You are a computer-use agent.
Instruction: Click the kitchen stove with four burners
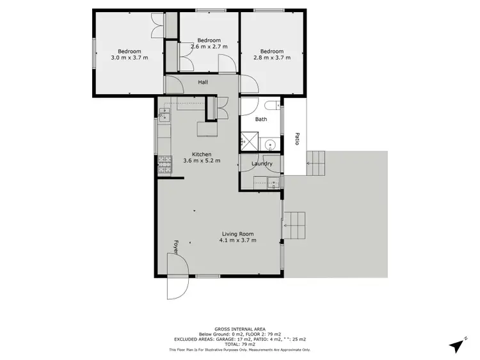pyautogui.click(x=164, y=165)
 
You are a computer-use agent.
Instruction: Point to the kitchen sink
pyautogui.click(x=164, y=116)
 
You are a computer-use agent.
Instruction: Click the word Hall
pyautogui.click(x=203, y=82)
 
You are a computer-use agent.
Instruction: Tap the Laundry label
pyautogui.click(x=262, y=164)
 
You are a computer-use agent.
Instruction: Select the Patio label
pyautogui.click(x=296, y=138)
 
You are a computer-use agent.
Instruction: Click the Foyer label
pyautogui.click(x=175, y=246)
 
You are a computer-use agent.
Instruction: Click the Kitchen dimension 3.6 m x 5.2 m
pyautogui.click(x=202, y=160)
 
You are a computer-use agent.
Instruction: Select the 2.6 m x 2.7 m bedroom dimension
pyautogui.click(x=209, y=46)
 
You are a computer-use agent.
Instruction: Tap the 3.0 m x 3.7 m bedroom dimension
pyautogui.click(x=129, y=58)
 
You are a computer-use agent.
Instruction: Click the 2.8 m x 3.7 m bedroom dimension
pyautogui.click(x=272, y=58)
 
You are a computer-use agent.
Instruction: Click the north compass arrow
pyautogui.click(x=456, y=345)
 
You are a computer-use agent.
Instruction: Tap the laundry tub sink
pyautogui.click(x=274, y=184)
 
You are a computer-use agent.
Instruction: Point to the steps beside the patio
pyautogui.click(x=317, y=164)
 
